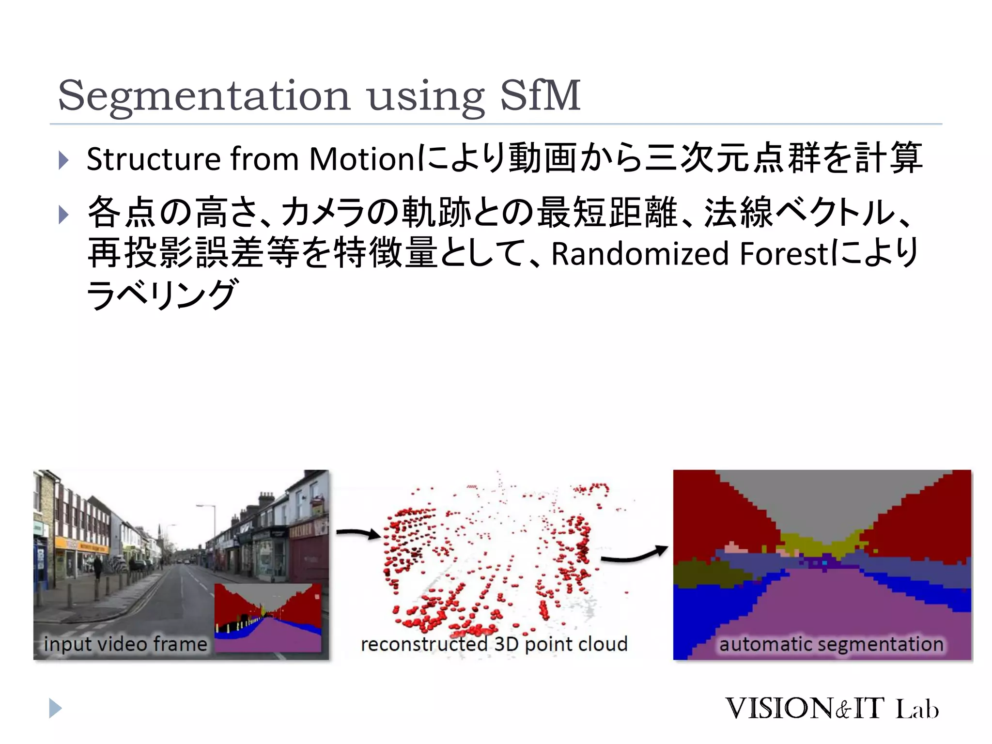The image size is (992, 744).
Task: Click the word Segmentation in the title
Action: pos(203,96)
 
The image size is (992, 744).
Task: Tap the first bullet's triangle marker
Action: pos(63,160)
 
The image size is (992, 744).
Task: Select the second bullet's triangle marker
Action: pos(63,215)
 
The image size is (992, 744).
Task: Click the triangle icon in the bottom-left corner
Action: pos(55,708)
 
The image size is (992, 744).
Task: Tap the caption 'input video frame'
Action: pos(125,644)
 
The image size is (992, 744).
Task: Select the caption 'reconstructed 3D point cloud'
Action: pos(494,644)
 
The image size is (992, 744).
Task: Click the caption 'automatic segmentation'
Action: pos(831,644)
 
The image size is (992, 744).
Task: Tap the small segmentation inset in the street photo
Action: pos(268,618)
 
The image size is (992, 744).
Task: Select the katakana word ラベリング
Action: pos(162,294)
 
